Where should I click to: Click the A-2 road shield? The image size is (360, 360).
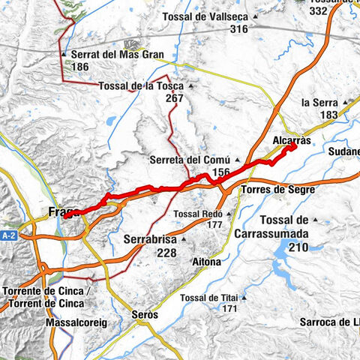(x=8, y=235)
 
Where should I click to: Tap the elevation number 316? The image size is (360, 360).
(x=239, y=29)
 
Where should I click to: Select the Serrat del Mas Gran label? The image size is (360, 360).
(x=122, y=55)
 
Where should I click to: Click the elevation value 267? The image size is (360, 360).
(x=175, y=98)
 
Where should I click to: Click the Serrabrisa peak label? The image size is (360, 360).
(x=148, y=240)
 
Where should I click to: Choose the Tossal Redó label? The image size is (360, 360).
(x=197, y=214)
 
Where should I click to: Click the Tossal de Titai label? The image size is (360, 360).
(x=209, y=298)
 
